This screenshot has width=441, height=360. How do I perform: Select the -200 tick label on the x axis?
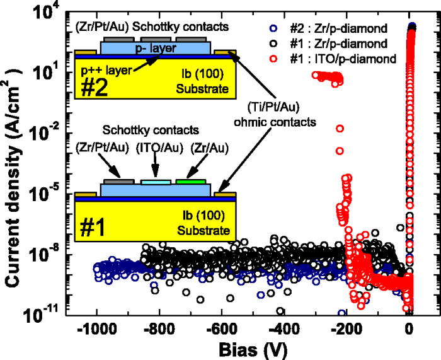346,328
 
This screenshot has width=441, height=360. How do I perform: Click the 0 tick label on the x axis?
409,328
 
